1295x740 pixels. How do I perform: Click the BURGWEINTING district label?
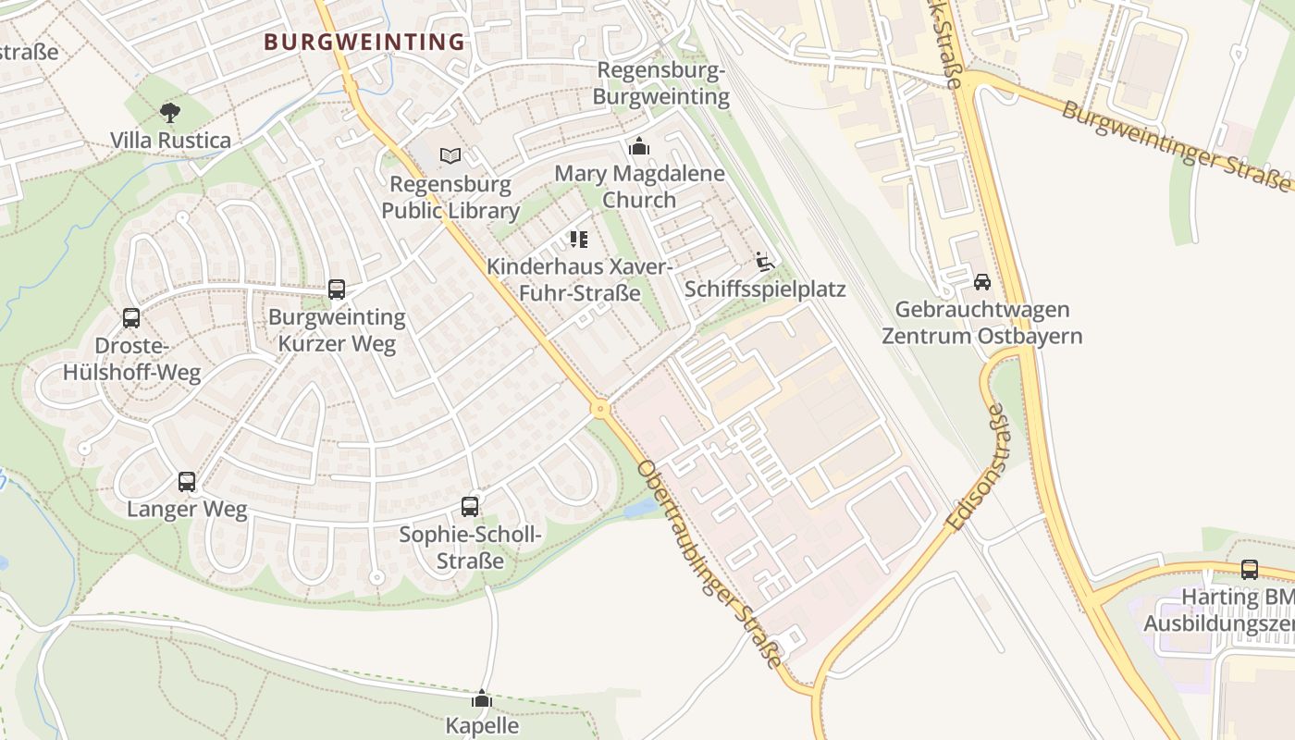pyautogui.click(x=364, y=42)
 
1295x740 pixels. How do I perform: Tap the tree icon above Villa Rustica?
pyautogui.click(x=169, y=113)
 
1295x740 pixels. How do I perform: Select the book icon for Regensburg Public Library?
pyautogui.click(x=450, y=155)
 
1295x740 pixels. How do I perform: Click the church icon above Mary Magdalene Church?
pyautogui.click(x=638, y=146)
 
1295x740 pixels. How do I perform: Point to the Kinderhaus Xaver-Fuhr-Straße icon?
pyautogui.click(x=579, y=240)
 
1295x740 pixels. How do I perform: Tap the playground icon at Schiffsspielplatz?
pyautogui.click(x=764, y=262)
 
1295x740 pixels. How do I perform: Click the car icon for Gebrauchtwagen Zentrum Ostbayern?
pyautogui.click(x=981, y=282)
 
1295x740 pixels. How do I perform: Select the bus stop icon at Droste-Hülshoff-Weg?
pyautogui.click(x=131, y=318)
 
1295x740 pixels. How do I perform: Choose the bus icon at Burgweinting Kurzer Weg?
pyautogui.click(x=337, y=290)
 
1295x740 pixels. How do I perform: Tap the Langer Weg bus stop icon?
pyautogui.click(x=187, y=482)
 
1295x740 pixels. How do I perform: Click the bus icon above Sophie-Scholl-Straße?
pyautogui.click(x=470, y=507)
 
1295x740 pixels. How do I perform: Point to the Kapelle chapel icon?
pyautogui.click(x=482, y=698)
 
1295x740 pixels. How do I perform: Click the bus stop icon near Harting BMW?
pyautogui.click(x=1250, y=569)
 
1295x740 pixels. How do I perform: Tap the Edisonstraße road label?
pyautogui.click(x=983, y=468)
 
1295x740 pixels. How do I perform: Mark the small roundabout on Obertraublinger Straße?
pyautogui.click(x=601, y=408)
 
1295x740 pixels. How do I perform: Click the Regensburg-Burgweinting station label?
pyautogui.click(x=661, y=83)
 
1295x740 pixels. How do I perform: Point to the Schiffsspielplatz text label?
pyautogui.click(x=765, y=290)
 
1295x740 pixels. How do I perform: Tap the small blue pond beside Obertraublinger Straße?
pyautogui.click(x=639, y=509)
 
